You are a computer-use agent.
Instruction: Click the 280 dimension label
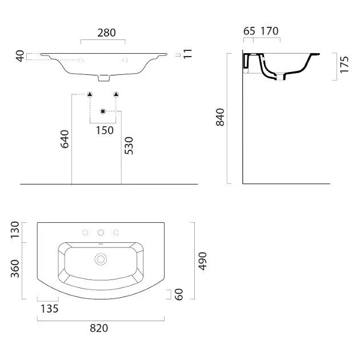click(x=106, y=33)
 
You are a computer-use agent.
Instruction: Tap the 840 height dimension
click(x=220, y=117)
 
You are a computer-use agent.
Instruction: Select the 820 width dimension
click(x=99, y=328)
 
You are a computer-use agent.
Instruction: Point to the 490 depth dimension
click(x=203, y=261)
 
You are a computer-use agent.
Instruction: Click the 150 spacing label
click(x=105, y=130)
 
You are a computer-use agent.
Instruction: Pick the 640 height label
click(x=65, y=139)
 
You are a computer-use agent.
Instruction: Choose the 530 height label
click(x=129, y=146)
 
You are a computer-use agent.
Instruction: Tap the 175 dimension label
click(x=344, y=65)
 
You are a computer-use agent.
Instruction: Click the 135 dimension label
click(x=50, y=309)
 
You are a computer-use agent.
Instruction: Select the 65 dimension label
click(x=249, y=31)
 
